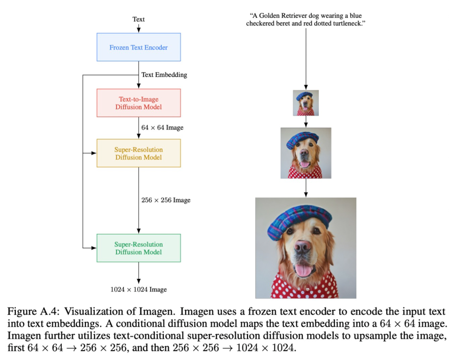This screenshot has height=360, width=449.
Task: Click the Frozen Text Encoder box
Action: pos(138,47)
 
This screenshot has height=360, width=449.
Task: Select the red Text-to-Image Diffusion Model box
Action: pos(138,103)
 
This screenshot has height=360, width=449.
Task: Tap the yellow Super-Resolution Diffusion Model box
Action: pos(138,153)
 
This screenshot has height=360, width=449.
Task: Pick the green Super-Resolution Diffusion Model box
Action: pos(138,248)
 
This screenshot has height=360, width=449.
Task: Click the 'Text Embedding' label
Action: pos(164,75)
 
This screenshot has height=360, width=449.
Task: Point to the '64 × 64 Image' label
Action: pos(162,128)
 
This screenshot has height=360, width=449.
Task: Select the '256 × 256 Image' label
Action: pos(166,200)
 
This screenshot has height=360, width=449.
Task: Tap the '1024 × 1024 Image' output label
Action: pos(138,289)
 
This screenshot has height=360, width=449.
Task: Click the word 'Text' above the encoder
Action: pos(138,19)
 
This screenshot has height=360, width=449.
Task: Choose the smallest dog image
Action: pos(306,103)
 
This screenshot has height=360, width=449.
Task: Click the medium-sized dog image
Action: pos(306,153)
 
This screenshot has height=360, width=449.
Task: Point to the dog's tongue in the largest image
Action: pos(304,271)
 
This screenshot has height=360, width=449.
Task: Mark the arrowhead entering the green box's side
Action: pos(94,248)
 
